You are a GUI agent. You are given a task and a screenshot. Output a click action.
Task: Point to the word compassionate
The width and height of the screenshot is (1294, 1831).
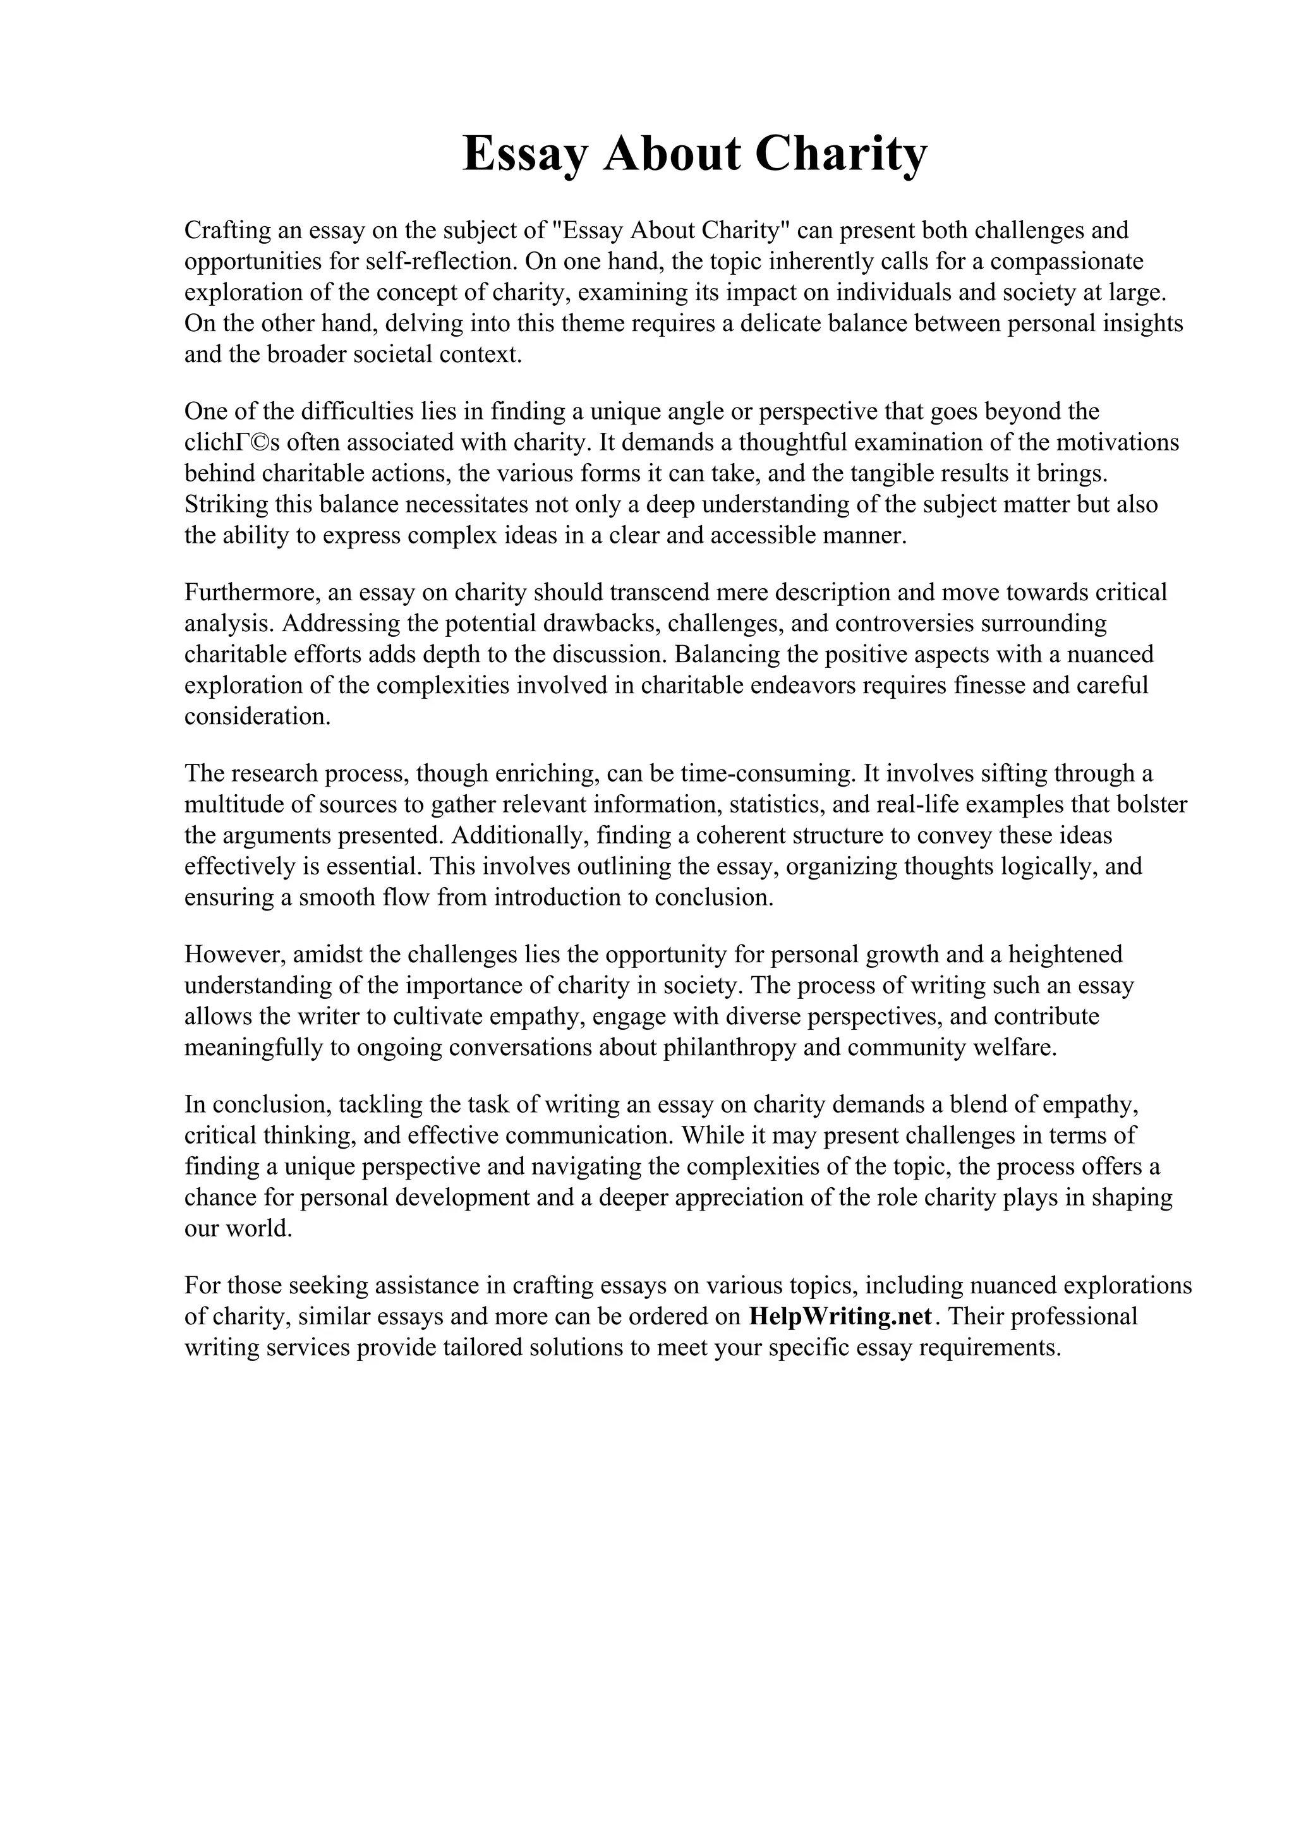(1066, 262)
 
